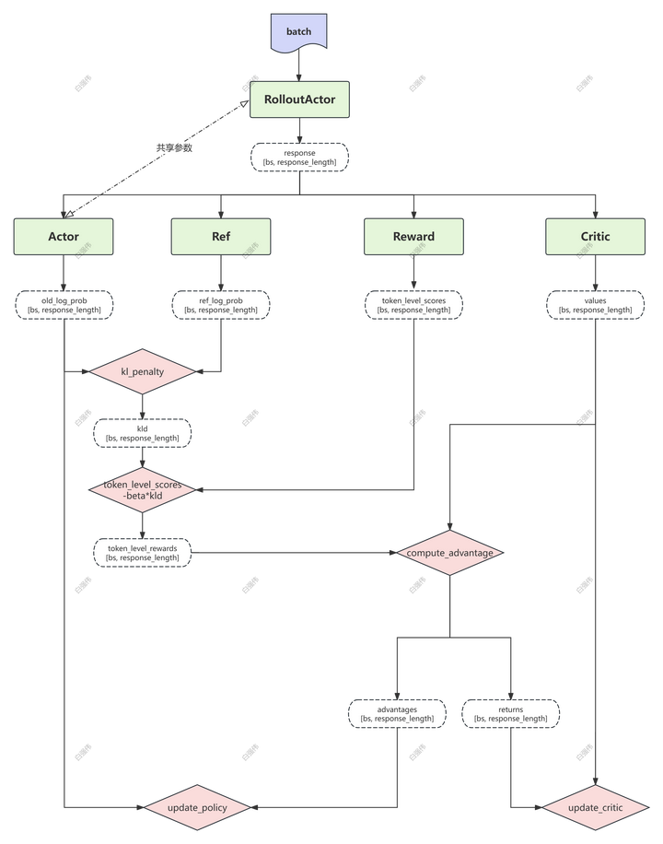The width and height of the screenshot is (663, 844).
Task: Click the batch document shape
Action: point(298,32)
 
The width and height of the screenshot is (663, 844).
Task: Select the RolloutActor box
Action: point(299,99)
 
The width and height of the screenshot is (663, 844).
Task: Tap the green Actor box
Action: point(64,237)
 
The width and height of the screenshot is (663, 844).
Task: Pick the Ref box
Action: point(221,237)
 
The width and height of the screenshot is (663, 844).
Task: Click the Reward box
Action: point(413,237)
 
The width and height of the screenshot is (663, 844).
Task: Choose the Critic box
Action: point(595,237)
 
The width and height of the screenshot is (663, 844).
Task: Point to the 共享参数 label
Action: point(174,147)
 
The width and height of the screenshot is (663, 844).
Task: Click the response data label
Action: point(299,158)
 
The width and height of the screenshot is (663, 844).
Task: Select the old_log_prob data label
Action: point(64,305)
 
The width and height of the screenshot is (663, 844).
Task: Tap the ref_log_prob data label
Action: point(221,305)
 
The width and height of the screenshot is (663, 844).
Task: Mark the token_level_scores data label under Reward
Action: point(413,305)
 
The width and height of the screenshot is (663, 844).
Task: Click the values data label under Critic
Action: point(595,305)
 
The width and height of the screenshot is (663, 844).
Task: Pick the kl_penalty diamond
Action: point(143,372)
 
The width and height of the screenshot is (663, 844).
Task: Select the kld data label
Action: point(143,433)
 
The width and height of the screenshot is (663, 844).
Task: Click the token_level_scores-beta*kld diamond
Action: point(142,490)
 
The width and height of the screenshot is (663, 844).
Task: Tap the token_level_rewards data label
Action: point(142,553)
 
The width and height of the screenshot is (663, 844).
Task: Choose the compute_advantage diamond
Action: point(450,553)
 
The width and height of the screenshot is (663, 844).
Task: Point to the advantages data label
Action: point(397,714)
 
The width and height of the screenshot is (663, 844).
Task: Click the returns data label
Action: point(510,714)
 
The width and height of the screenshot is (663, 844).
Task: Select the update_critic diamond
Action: point(595,808)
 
